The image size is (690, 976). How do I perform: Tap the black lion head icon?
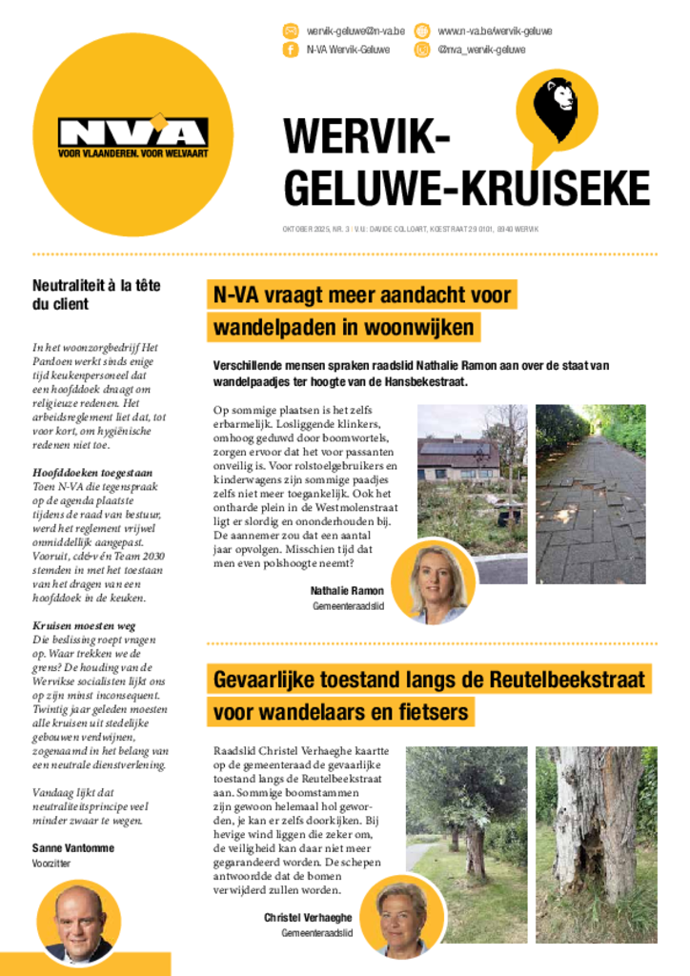(x=555, y=106)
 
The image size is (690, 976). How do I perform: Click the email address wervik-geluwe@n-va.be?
(x=355, y=31)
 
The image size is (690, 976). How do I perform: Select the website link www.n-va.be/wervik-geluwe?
(x=495, y=31)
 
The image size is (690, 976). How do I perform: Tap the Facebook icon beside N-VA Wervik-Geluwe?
(x=291, y=50)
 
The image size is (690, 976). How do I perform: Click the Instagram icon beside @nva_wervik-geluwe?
(x=421, y=50)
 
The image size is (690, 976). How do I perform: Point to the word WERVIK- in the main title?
(x=366, y=136)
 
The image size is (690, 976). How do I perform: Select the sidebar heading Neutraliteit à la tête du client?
(x=96, y=295)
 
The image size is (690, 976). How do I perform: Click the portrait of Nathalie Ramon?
(x=434, y=581)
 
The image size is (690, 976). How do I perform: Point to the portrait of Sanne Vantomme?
(x=79, y=923)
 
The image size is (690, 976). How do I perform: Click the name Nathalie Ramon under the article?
(x=347, y=591)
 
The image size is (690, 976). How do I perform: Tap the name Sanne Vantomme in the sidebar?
(x=72, y=847)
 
